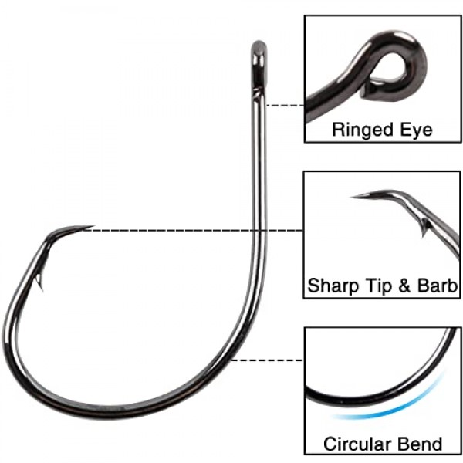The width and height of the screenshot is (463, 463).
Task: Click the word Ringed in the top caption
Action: tap(361, 129)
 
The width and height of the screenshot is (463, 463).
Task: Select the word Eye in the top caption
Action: tap(417, 129)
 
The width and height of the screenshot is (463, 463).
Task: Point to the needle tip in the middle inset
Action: tap(355, 197)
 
